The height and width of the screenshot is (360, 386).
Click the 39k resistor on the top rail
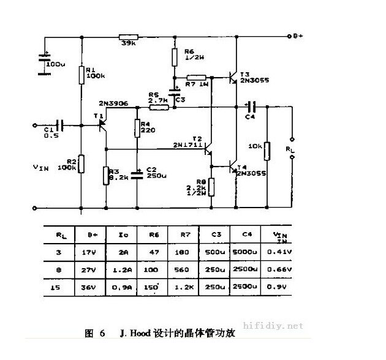[129, 37]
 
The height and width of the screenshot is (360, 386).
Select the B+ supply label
[298, 36]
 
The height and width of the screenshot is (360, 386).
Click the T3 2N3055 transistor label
[252, 77]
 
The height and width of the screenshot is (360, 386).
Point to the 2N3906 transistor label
[113, 104]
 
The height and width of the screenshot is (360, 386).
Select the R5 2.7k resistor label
[157, 97]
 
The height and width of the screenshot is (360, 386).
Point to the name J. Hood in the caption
[129, 334]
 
